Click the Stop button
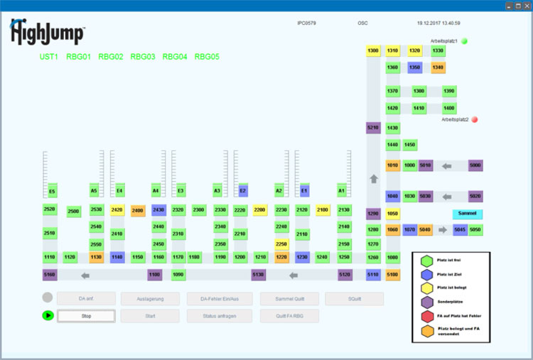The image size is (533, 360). [x=86, y=316]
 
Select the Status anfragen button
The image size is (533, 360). [x=219, y=316]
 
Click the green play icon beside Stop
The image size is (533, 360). [x=48, y=315]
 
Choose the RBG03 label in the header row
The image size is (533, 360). [x=143, y=57]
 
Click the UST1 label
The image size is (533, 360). [x=49, y=57]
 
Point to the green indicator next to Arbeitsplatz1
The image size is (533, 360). [x=465, y=41]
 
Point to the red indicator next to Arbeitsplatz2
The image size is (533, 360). [x=475, y=119]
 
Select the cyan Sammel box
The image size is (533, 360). [x=467, y=214]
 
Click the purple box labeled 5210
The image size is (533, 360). [x=373, y=128]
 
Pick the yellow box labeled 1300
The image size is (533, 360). [x=373, y=51]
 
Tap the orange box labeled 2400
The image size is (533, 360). [x=137, y=211]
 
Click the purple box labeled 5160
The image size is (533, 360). [x=50, y=275]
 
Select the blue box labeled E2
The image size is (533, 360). [x=242, y=191]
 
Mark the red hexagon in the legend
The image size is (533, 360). [x=426, y=315]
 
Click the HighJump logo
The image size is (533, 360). [x=47, y=33]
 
